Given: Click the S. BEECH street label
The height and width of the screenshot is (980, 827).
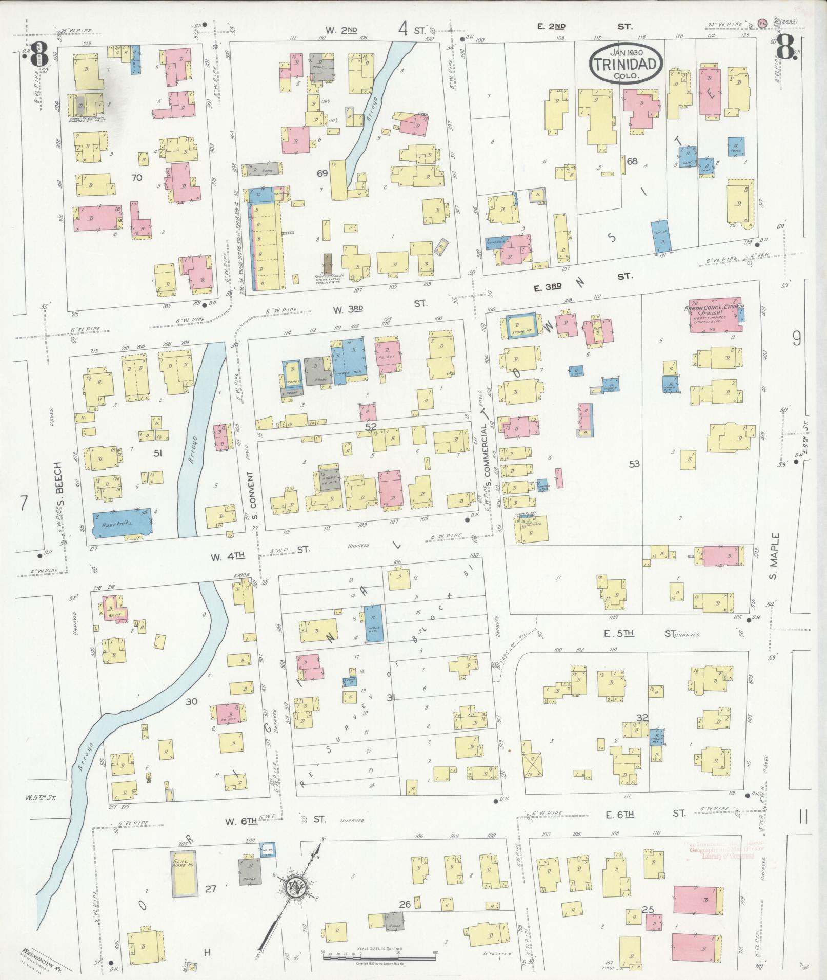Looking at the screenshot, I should (59, 499).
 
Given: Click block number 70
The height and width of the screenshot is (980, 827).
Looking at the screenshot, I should (136, 178).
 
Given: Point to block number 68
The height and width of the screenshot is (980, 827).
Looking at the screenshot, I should (632, 161).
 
